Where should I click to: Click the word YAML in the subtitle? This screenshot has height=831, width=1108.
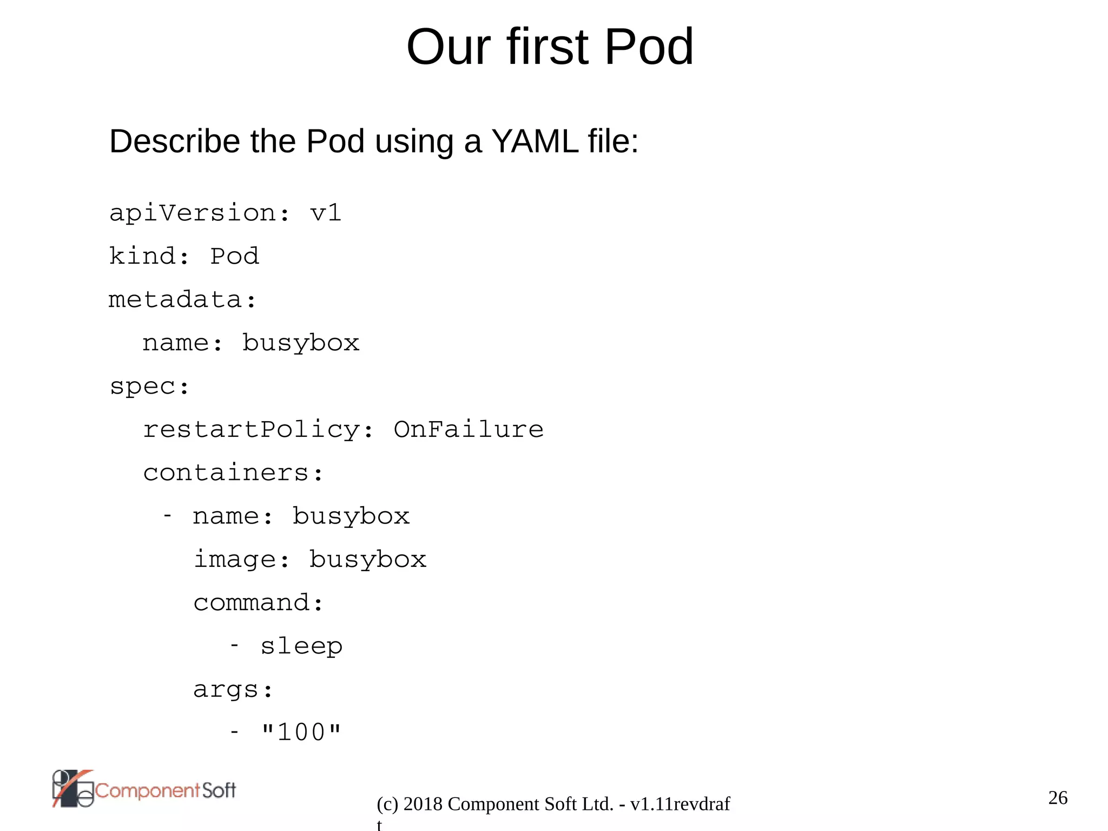tap(535, 141)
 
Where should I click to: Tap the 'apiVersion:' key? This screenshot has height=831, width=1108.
tap(200, 213)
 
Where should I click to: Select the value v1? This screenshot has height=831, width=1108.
tap(326, 213)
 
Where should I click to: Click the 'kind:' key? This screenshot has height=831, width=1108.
tap(149, 256)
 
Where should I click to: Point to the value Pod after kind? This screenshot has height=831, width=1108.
tap(234, 256)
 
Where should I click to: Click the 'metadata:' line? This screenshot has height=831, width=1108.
tap(182, 299)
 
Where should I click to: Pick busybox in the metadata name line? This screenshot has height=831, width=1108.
tap(301, 343)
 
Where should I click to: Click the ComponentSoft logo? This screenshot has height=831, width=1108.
tap(144, 789)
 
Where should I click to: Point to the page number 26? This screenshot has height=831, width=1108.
tap(1058, 797)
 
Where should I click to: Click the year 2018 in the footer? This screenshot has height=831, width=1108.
tap(423, 804)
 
